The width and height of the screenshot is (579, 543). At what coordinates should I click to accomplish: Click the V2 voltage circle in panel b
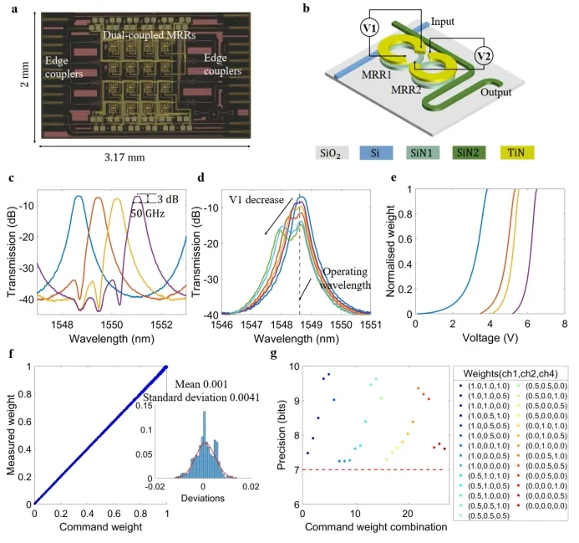click(485, 55)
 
